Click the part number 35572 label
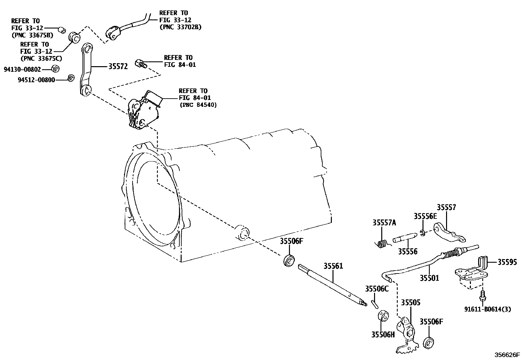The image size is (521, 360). tap(118, 66)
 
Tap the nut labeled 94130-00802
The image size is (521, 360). tap(55, 69)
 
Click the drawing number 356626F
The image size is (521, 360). tap(507, 355)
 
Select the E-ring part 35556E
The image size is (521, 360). tap(422, 233)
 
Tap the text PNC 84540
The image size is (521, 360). tap(198, 105)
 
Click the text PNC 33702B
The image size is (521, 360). tap(180, 27)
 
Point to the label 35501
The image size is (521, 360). tap(429, 278)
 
